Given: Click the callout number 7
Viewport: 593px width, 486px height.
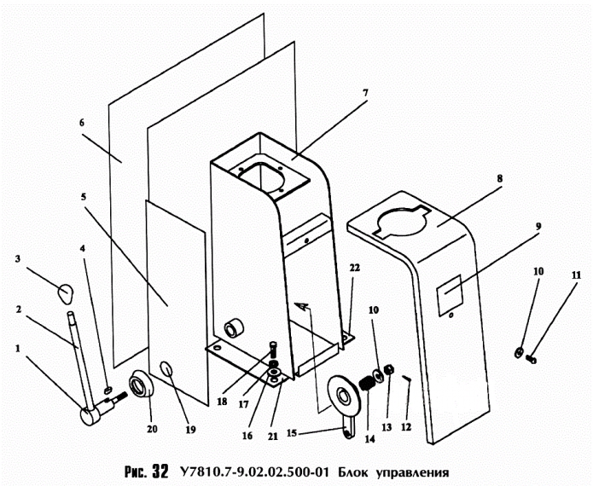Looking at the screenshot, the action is tap(365, 93).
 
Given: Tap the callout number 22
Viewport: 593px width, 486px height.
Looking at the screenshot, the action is tap(354, 268).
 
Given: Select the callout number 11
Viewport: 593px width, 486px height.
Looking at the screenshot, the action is tap(576, 275).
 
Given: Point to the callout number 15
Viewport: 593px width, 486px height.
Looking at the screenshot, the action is tap(291, 432).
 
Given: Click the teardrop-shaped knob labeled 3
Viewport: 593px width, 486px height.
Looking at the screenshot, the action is tap(65, 293).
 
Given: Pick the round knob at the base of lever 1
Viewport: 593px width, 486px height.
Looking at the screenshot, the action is tap(90, 417).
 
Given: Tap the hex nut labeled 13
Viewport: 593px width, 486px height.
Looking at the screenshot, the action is tap(388, 369).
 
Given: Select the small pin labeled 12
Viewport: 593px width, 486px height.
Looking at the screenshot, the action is tap(407, 378).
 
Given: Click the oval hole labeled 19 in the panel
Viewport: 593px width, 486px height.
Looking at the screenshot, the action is tap(166, 369).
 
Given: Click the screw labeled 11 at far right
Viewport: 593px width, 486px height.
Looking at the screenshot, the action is tap(531, 359).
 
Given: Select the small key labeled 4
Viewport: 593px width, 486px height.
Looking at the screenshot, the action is tap(108, 389).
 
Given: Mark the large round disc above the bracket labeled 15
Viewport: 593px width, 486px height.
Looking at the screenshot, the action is tap(344, 395).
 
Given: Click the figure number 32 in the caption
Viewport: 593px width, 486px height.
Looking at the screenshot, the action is tap(160, 471).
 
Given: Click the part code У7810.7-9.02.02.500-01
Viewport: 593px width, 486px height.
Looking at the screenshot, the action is tap(253, 472).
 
